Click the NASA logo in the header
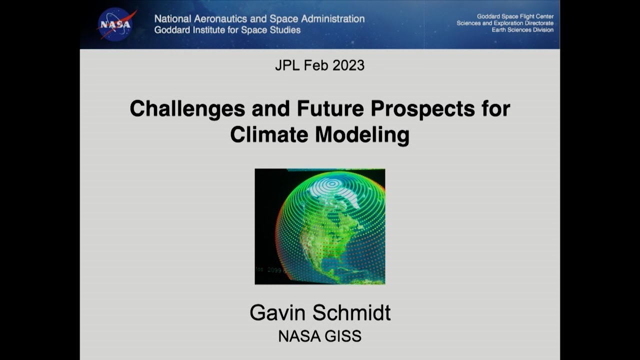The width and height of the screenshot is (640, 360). [116, 24]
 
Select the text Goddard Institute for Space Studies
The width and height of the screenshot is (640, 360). [227, 30]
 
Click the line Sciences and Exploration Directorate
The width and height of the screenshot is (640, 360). [505, 23]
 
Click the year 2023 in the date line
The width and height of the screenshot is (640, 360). [347, 65]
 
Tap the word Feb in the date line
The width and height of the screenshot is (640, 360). [314, 65]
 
